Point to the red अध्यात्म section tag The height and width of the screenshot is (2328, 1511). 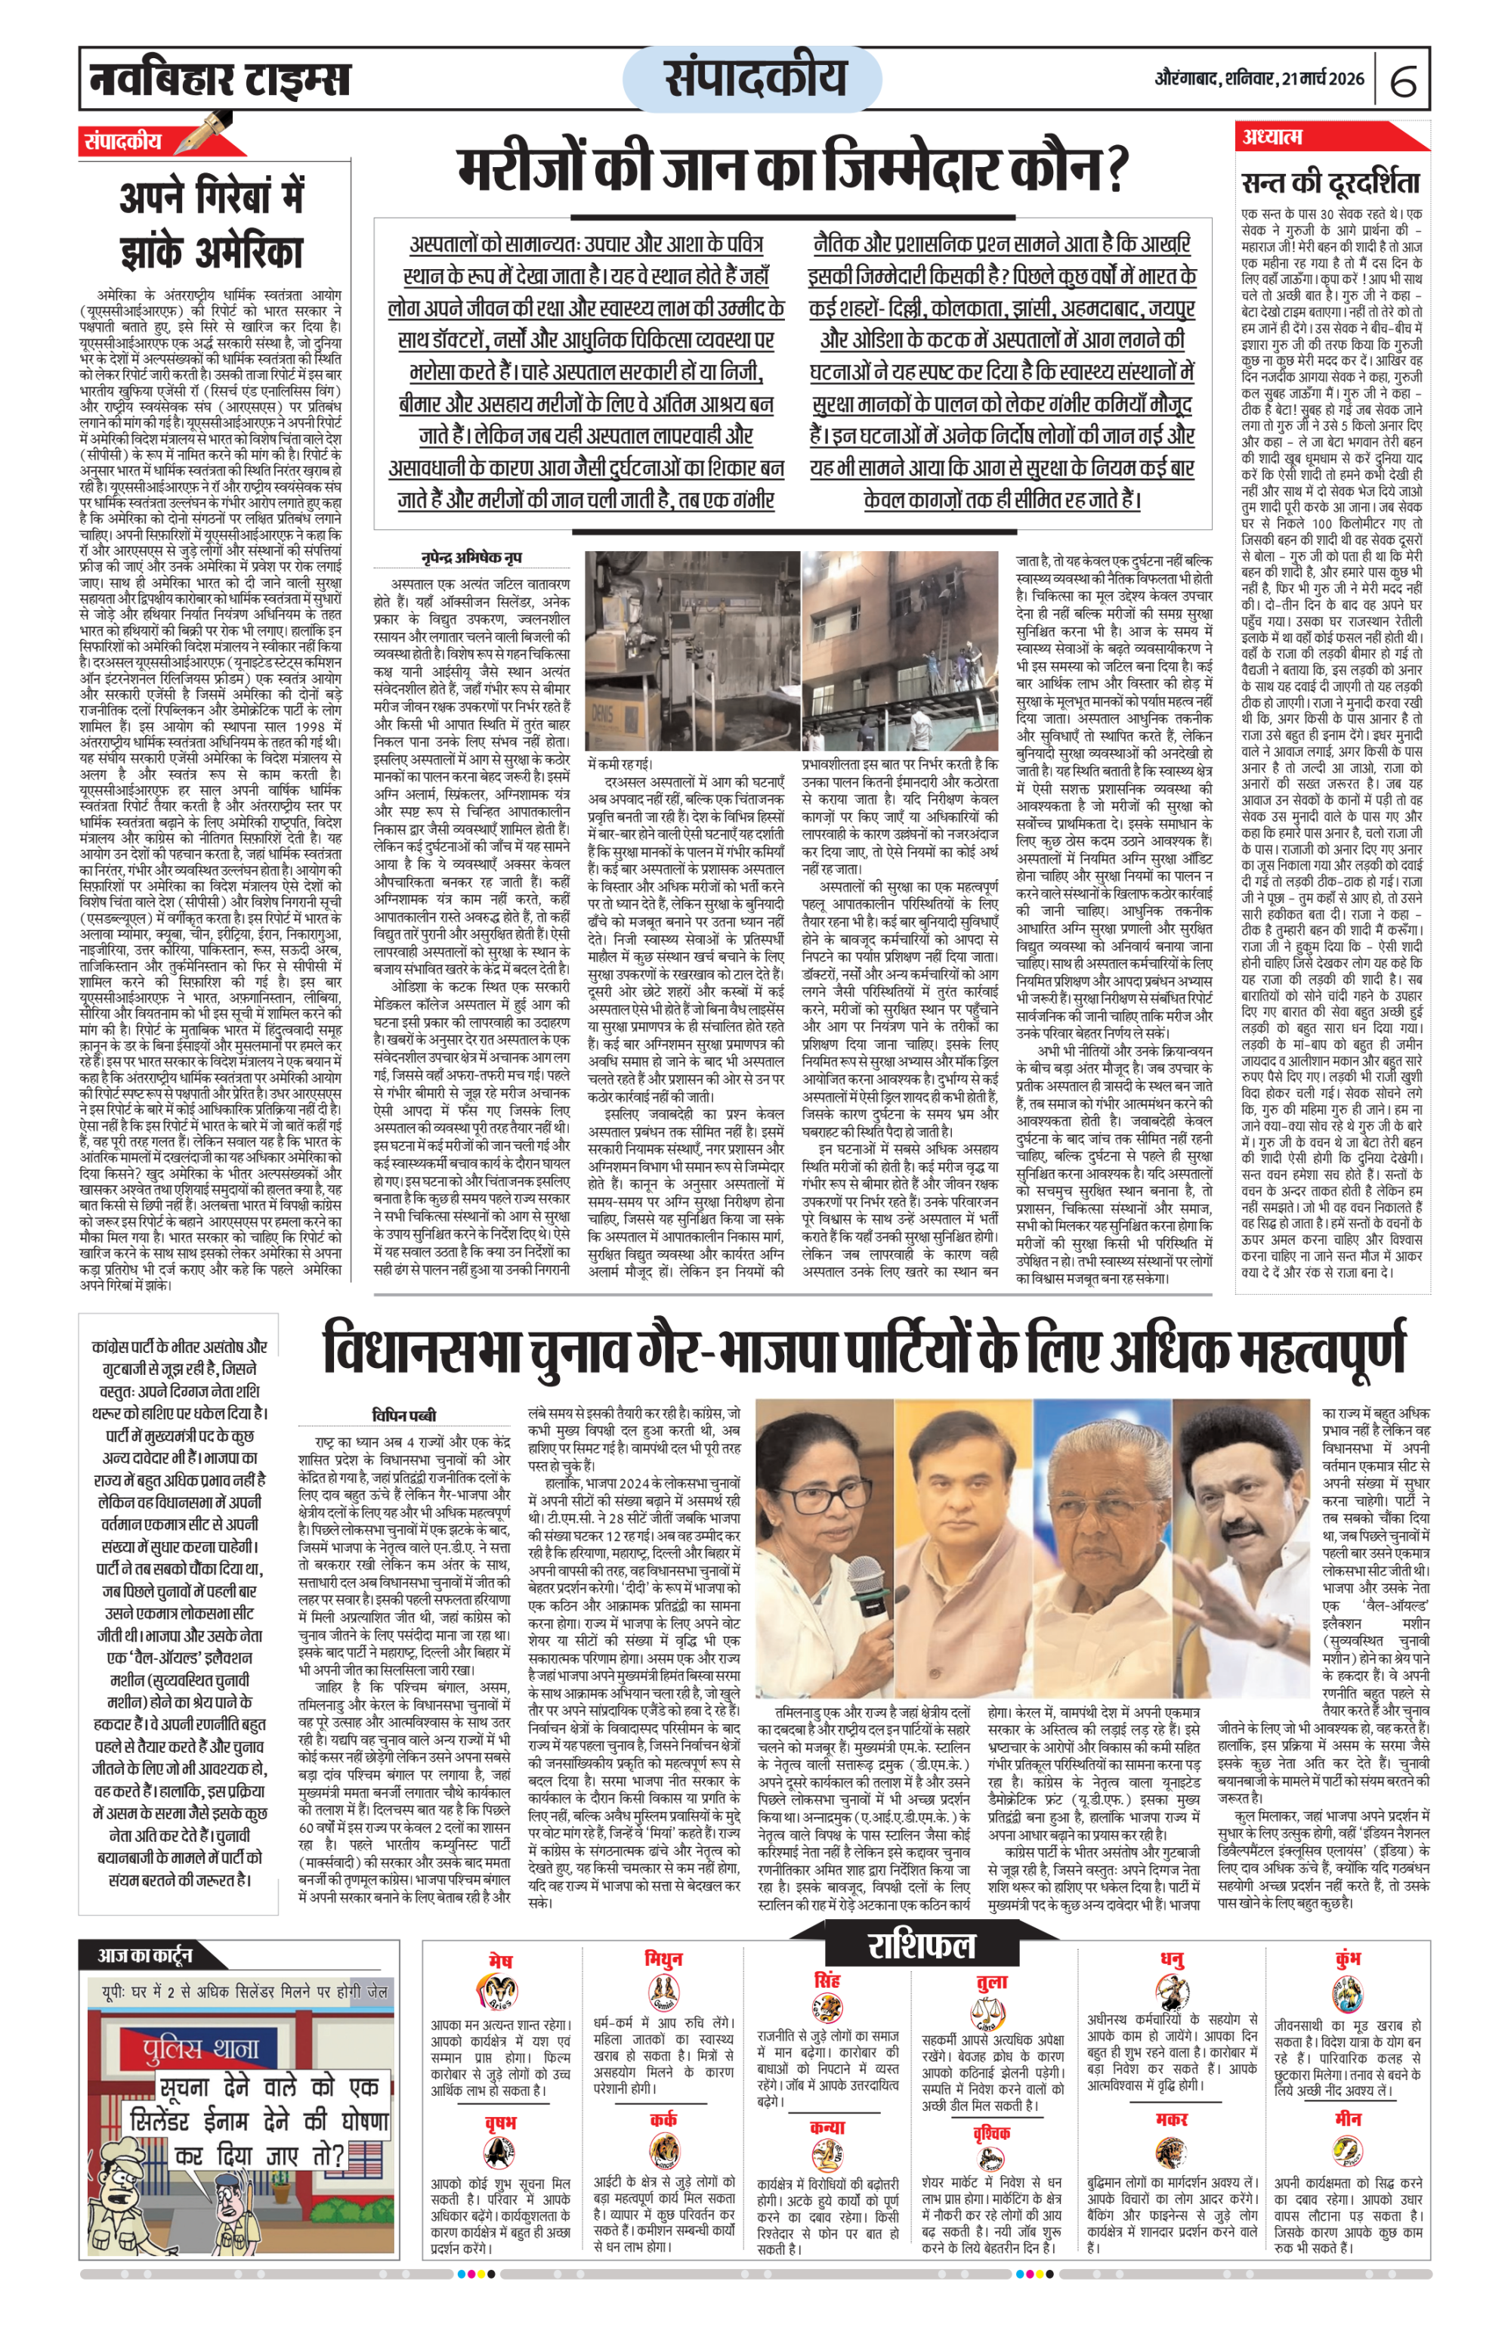pyautogui.click(x=1272, y=138)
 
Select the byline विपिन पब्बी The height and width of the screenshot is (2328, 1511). pyautogui.click(x=404, y=1416)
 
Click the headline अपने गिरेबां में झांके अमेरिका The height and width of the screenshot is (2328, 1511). pyautogui.click(x=210, y=224)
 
